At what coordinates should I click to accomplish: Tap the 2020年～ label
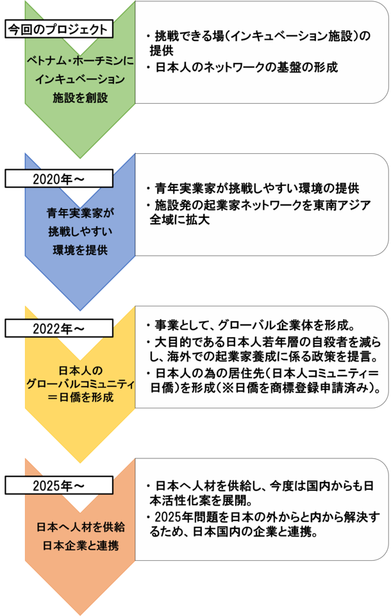pyautogui.click(x=58, y=178)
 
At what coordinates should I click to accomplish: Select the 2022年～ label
pyautogui.click(x=58, y=329)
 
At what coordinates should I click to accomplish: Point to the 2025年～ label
pyautogui.click(x=58, y=485)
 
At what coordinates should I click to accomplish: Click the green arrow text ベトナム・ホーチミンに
pyautogui.click(x=79, y=62)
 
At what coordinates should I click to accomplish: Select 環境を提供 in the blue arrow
pyautogui.click(x=79, y=249)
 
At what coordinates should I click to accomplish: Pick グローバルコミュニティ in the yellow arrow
pyautogui.click(x=79, y=384)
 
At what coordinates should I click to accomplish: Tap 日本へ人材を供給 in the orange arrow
pyautogui.click(x=79, y=527)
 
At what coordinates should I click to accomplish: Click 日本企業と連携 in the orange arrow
pyautogui.click(x=79, y=545)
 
